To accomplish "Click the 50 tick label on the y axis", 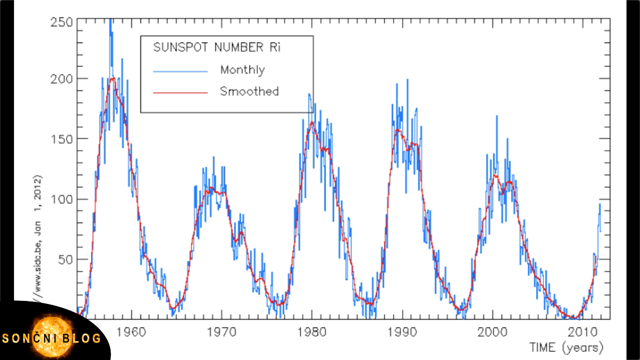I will coord(65,259).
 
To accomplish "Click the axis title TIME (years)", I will coord(566,346).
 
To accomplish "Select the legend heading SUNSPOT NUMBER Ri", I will coord(217,48).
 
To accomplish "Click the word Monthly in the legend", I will coord(242,70).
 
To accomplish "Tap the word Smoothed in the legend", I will coord(249,92).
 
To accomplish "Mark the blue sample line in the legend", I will coord(180,71).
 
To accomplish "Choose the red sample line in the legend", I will coord(180,93).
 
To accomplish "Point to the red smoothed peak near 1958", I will coord(112,78).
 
